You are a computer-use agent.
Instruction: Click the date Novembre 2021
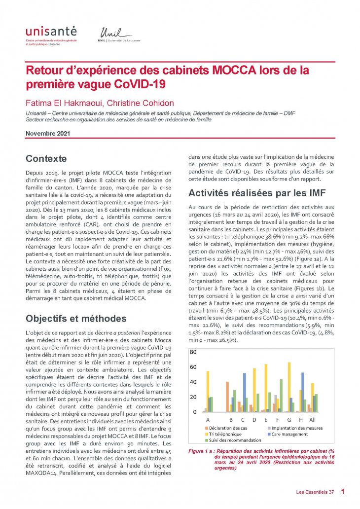(x=48, y=133)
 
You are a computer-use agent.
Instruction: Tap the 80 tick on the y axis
(x=193, y=352)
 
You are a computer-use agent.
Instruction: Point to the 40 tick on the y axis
(x=193, y=382)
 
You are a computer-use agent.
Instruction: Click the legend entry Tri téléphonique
(x=224, y=434)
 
